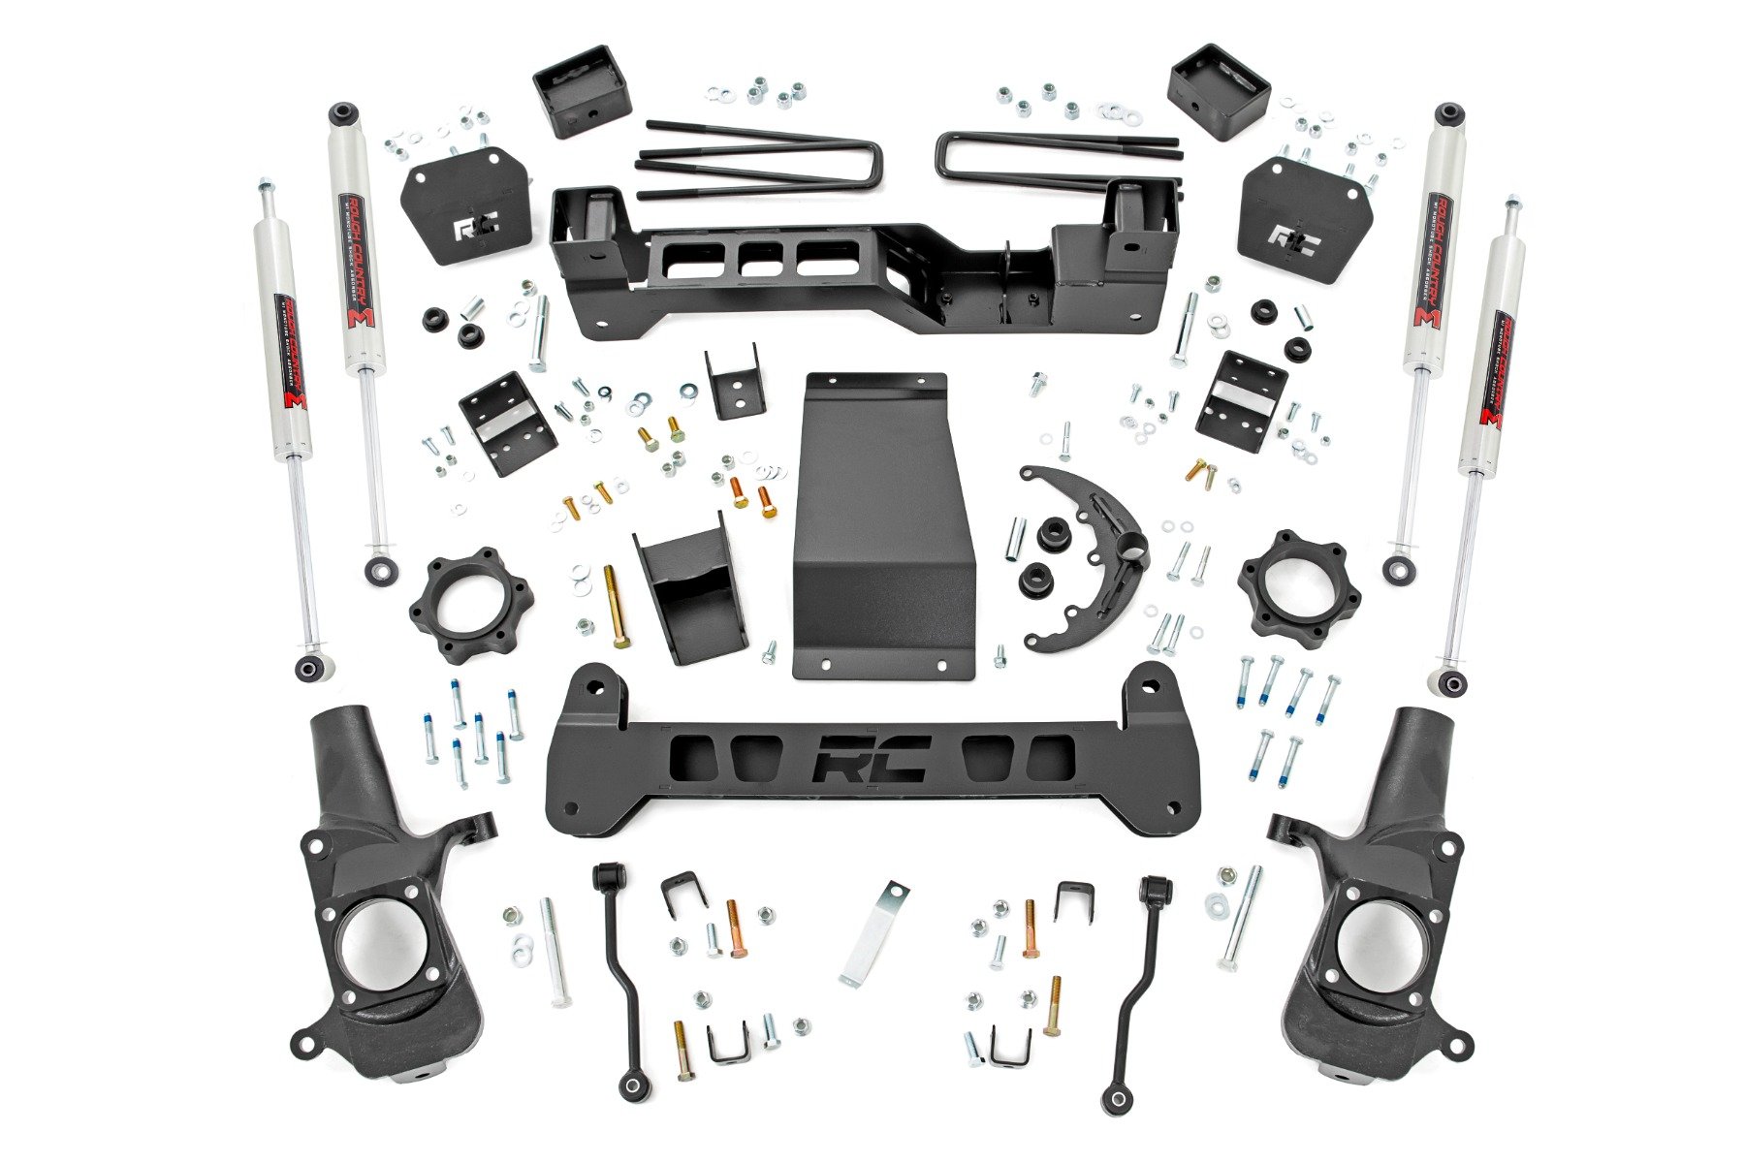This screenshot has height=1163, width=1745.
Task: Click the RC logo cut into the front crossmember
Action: click(x=872, y=758)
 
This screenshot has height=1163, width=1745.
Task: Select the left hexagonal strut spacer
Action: click(x=470, y=604)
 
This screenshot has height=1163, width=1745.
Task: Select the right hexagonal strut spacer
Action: click(x=1298, y=582)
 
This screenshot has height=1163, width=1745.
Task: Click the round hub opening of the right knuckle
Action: click(x=1375, y=939)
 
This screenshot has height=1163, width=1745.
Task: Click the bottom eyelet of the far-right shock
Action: click(x=1451, y=682)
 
